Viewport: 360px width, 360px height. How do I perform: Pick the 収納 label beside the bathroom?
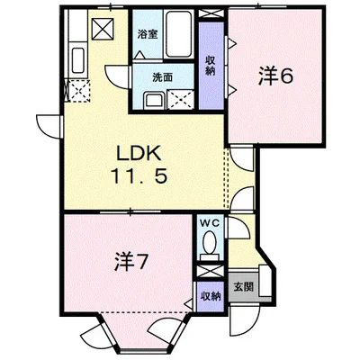209,65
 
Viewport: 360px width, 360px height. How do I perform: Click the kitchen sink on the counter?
76,63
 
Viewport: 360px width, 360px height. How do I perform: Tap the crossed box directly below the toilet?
209,267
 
